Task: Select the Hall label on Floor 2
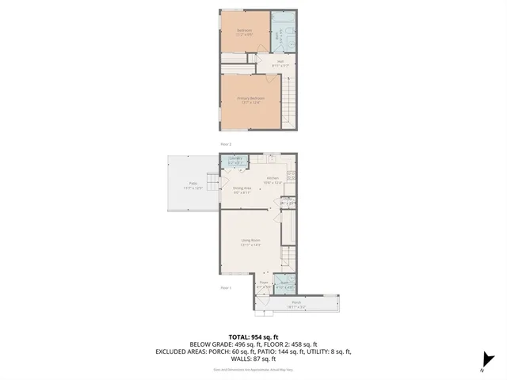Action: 279,63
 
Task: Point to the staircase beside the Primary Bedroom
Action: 291,102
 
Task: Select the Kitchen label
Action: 273,180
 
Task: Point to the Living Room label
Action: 250,241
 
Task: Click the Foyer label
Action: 264,283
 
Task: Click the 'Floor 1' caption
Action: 225,287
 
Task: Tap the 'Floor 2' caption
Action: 225,143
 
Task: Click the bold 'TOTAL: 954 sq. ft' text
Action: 253,336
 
